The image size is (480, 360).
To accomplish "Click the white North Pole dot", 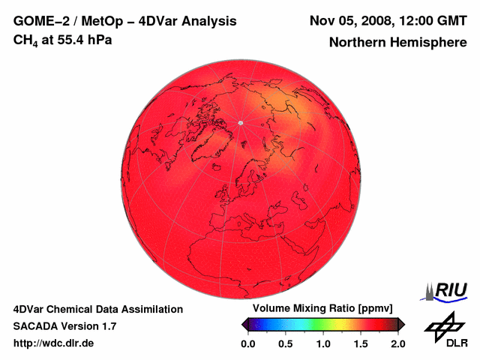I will (x=240, y=122).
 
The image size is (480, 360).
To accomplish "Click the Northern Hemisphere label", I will (x=396, y=43).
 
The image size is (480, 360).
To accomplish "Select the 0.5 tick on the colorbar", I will (x=285, y=343).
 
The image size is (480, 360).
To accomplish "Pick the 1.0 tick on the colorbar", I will (x=322, y=343).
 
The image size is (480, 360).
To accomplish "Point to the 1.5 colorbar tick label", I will (x=361, y=343).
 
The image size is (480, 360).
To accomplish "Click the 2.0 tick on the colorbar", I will (x=397, y=343).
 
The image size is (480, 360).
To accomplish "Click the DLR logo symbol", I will (x=443, y=325).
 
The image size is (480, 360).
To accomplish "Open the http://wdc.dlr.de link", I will (x=54, y=343).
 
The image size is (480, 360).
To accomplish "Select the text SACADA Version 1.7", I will (x=64, y=326).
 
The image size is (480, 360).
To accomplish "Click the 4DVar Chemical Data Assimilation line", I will (x=97, y=309).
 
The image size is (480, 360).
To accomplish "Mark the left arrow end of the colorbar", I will (x=244, y=324).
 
